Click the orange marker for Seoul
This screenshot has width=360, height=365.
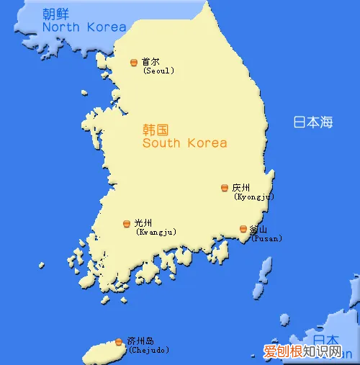pos(134,63)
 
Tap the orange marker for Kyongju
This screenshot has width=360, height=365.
pos(225,188)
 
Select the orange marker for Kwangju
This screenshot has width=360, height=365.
pos(127,224)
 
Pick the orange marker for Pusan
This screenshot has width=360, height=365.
pos(243,229)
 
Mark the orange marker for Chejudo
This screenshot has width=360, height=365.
pos(119,341)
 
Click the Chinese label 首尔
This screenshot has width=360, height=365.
pos(150,62)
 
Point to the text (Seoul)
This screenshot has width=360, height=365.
pos(158,71)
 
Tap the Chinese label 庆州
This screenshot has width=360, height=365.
pos(240,187)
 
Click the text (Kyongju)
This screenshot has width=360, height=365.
pos(254,197)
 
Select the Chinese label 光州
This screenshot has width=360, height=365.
pos(143,223)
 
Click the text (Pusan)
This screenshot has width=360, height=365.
pos(266,238)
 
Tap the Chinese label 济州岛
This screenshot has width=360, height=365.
pos(140,341)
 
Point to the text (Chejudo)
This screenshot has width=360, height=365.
pos(149,351)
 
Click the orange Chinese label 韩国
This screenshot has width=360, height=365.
pos(156,130)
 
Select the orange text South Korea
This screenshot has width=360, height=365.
pos(184,143)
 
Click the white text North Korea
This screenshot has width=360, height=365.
pos(84,27)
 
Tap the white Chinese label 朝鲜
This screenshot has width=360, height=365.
pos(56,14)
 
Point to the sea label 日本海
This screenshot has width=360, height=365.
pos(313,122)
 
